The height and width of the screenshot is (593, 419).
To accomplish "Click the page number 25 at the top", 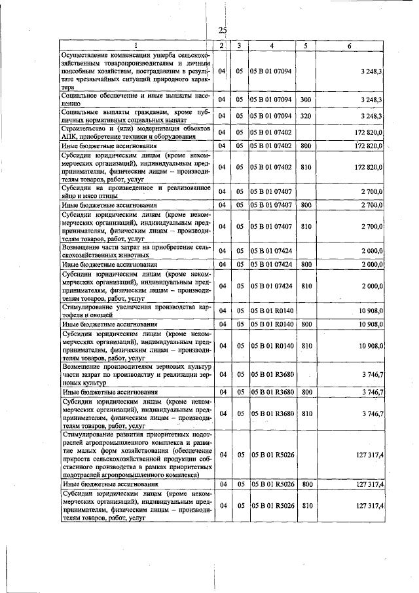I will pyautogui.click(x=223, y=30).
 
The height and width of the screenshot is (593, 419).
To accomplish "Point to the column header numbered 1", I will pyautogui.click(x=136, y=45).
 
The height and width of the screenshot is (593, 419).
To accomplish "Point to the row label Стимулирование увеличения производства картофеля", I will pyautogui.click(x=136, y=310).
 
